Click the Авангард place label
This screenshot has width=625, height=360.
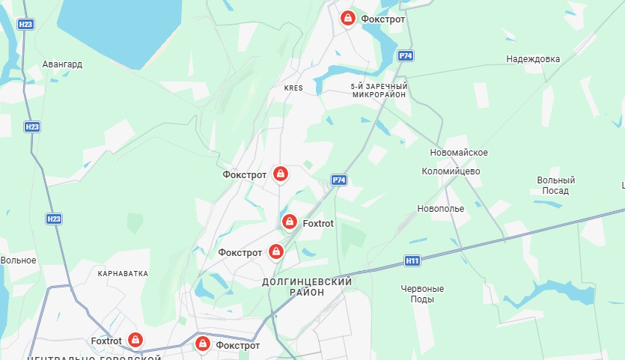62,64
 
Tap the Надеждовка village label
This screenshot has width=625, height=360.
532,59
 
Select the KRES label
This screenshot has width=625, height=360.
293,88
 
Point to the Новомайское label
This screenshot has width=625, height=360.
459,153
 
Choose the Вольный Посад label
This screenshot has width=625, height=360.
556,186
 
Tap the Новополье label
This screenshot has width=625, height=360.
441,208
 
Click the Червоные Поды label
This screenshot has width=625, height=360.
422,293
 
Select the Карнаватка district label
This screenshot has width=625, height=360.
123,274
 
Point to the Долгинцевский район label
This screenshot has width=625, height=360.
307,287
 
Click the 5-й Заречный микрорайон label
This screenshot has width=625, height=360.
378,91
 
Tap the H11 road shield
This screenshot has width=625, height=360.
412,261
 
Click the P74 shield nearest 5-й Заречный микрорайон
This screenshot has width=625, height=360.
406,56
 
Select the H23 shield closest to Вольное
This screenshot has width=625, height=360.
53,219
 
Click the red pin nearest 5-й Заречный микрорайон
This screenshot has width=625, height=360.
348,18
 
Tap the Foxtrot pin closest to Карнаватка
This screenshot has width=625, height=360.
135,341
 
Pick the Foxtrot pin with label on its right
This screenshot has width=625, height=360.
290,222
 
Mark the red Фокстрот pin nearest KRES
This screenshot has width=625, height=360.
281,174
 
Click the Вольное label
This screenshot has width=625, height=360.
19,260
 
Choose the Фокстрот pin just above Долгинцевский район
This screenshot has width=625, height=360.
276,251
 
